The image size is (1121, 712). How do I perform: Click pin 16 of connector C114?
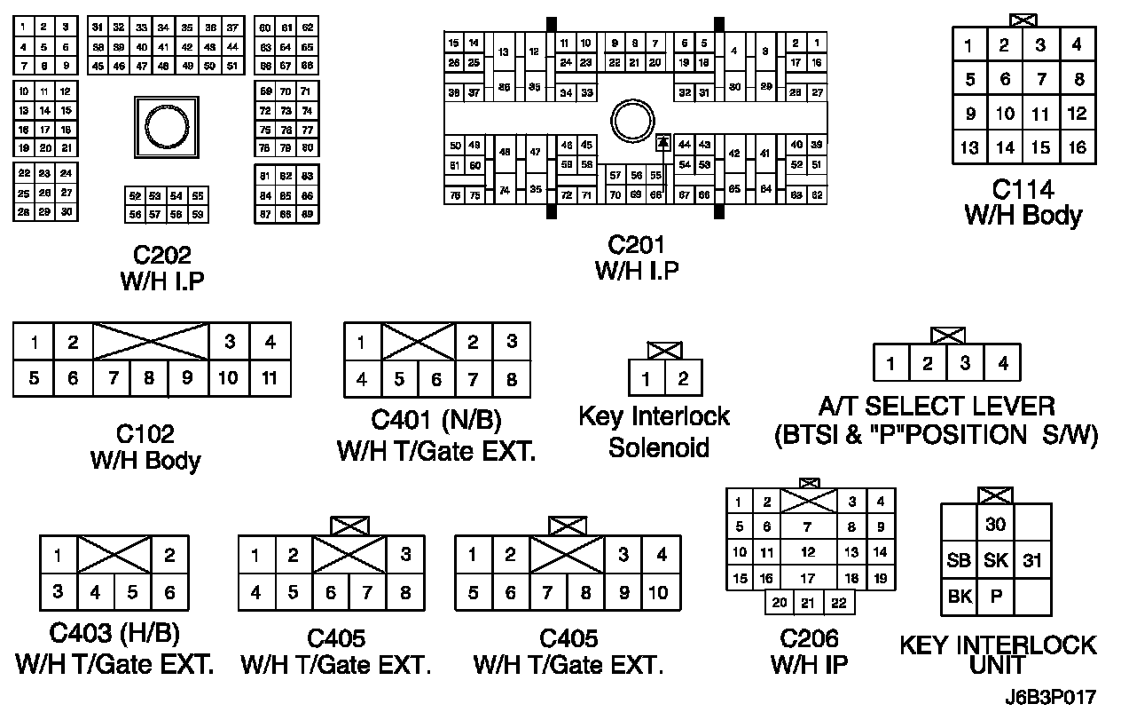(x=1077, y=147)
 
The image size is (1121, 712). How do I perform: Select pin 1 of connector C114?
(x=970, y=45)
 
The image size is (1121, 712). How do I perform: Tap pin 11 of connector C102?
(x=270, y=378)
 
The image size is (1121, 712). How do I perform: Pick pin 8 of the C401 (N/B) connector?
(x=511, y=380)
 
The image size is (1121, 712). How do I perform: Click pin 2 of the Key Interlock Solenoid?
(x=683, y=379)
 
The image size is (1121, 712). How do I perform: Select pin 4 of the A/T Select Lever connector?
(x=1002, y=362)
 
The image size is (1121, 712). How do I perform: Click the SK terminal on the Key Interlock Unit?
(x=996, y=560)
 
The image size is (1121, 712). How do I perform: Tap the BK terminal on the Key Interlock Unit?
(x=960, y=597)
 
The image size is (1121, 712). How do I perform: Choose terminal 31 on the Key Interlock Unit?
(x=1032, y=560)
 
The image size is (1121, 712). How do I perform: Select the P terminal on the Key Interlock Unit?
(x=996, y=597)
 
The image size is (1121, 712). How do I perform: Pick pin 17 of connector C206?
(x=808, y=578)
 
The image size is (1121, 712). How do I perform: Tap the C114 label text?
(x=1023, y=190)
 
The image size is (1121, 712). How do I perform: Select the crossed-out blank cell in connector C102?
(x=151, y=342)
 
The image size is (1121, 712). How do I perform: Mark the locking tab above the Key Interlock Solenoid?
(x=664, y=350)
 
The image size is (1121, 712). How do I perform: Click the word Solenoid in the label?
(x=658, y=447)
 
